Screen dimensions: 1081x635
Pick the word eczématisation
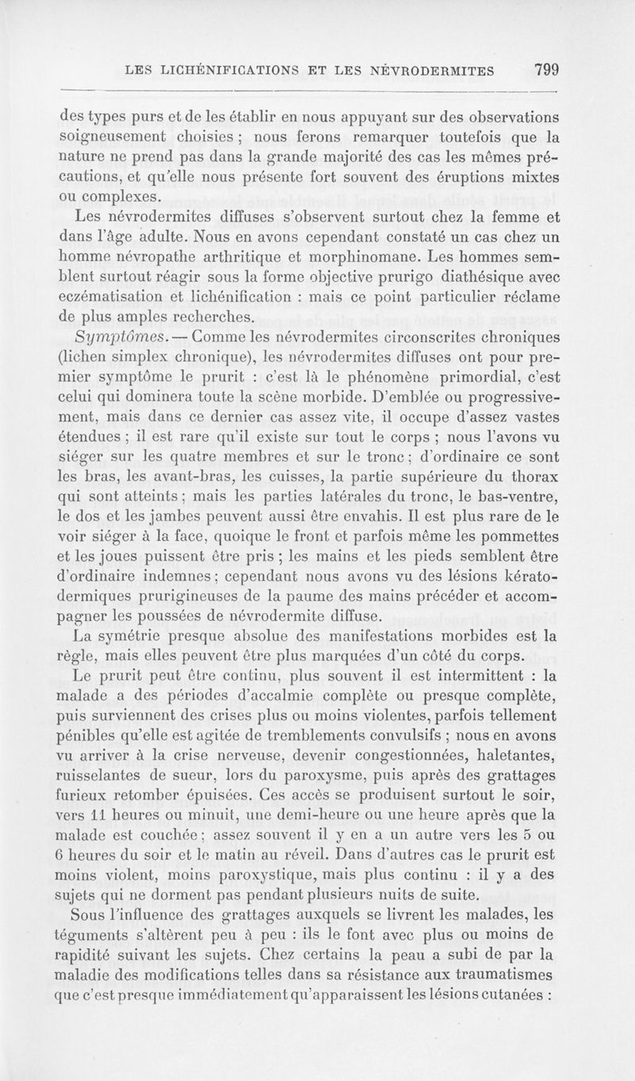pyautogui.click(x=117, y=297)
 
